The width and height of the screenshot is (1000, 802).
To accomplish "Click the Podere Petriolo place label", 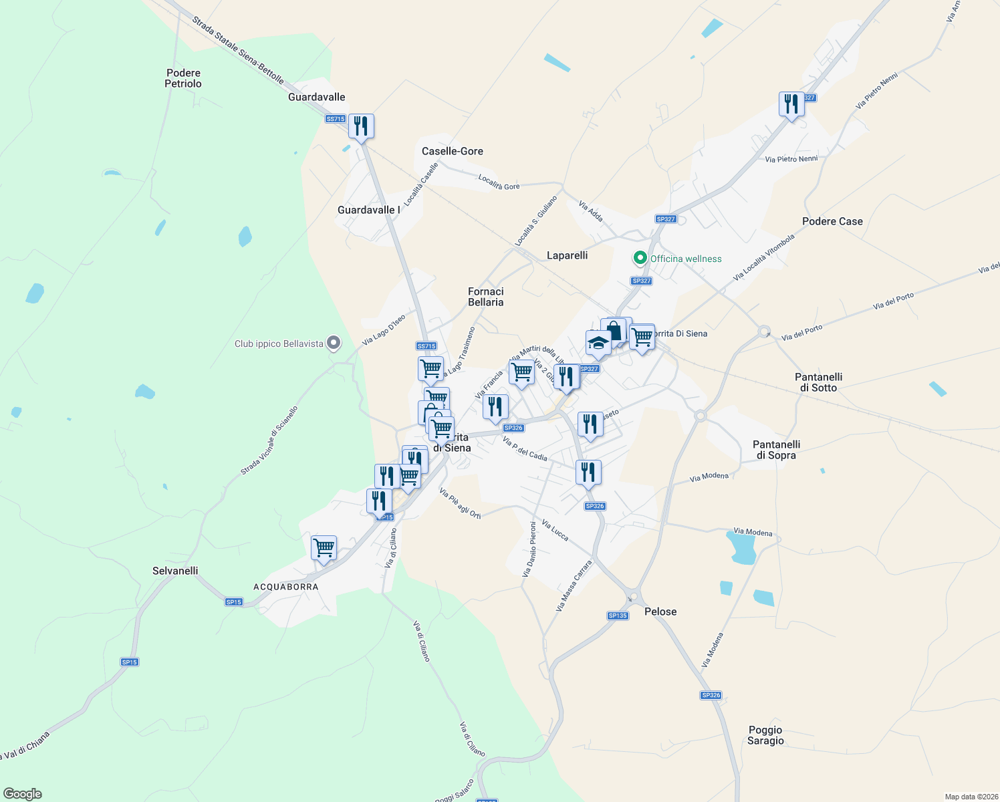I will click(183, 78).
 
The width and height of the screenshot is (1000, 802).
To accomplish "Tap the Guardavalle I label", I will click(368, 210).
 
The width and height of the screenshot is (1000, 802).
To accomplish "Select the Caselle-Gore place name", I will click(452, 151).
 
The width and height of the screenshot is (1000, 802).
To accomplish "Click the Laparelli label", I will click(567, 255).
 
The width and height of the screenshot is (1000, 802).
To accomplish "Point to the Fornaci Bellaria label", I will click(485, 297).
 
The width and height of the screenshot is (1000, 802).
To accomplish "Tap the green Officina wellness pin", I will click(640, 258).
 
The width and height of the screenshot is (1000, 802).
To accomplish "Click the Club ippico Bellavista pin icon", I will click(334, 344).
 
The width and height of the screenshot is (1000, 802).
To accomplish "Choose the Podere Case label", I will click(832, 221).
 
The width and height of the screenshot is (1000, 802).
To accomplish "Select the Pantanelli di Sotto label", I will click(818, 382).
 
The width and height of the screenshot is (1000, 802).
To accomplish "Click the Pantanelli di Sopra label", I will click(776, 450).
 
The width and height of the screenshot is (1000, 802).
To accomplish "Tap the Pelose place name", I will click(660, 612).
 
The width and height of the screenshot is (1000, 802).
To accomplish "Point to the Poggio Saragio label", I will click(765, 735).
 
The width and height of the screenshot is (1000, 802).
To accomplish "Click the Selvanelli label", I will click(175, 571).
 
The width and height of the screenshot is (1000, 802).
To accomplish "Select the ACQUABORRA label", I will click(286, 587).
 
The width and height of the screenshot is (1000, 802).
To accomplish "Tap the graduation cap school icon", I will click(598, 343).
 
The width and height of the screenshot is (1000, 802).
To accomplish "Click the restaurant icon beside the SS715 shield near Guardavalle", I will click(361, 126).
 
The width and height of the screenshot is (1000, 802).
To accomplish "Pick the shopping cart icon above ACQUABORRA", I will click(324, 548).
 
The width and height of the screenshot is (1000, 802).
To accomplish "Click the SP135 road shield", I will click(618, 616).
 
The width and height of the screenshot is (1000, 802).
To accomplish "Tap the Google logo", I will click(23, 794).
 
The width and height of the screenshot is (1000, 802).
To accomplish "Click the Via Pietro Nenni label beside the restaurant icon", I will click(791, 159).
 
